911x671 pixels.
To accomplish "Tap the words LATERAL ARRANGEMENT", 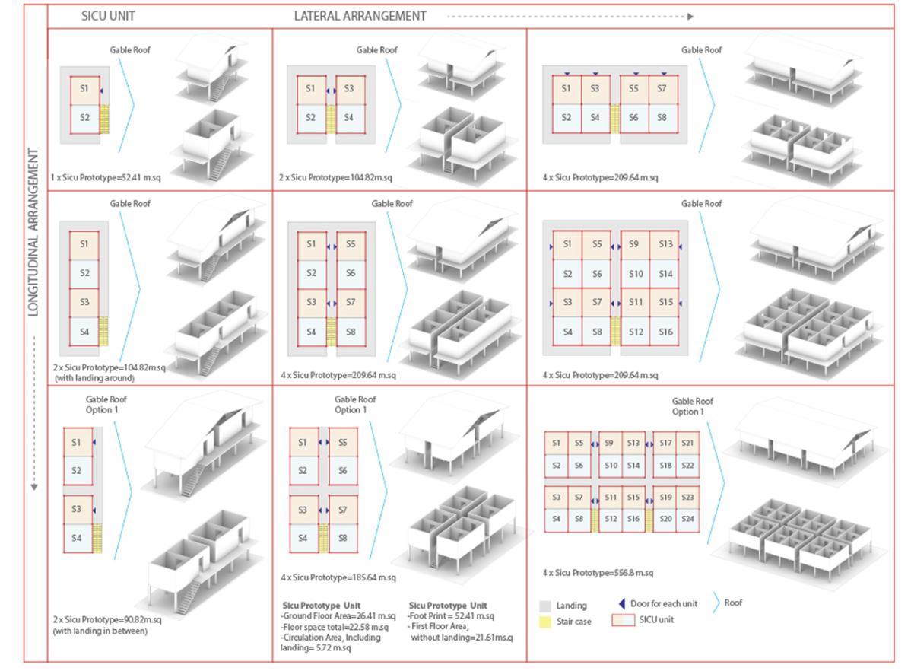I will coord(360,16).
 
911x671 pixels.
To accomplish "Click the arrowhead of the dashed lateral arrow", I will coord(690,16).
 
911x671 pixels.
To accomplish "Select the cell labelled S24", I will coord(687,519).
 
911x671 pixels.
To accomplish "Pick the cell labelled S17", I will coord(665,443).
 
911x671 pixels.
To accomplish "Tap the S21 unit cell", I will coord(687,443).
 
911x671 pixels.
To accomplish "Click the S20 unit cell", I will coord(665,519).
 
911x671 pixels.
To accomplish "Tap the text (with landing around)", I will coord(94,378).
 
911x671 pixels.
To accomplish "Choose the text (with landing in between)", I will coord(100,631).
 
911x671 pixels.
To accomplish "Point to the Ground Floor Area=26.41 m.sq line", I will coord(338,615).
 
